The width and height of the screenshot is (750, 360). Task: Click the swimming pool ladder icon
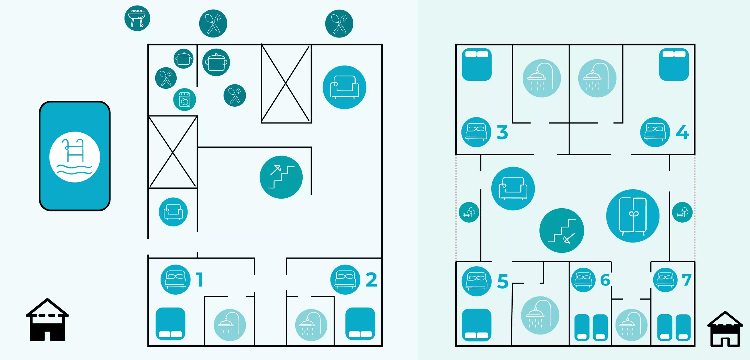tap(75, 157)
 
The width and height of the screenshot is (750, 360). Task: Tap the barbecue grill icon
tap(137, 18)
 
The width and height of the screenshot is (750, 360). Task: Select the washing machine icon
tap(185, 100)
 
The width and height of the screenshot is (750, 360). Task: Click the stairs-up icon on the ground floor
tap(281, 177)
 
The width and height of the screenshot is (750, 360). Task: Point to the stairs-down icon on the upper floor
tap(562, 231)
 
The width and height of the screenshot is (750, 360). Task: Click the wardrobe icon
tap(633, 216)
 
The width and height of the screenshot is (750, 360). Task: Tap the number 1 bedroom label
tap(200, 280)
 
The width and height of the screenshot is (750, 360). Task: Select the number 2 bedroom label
tap(371, 280)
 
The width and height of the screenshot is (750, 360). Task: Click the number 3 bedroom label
tap(502, 132)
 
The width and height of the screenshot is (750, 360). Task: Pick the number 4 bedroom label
tap(682, 132)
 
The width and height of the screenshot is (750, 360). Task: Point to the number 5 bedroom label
tap(503, 281)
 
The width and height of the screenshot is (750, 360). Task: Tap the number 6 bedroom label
tap(605, 280)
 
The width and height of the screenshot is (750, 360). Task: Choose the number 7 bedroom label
tap(687, 280)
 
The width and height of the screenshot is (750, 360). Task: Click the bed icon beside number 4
tap(655, 132)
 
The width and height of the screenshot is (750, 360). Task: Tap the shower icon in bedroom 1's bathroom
tap(230, 325)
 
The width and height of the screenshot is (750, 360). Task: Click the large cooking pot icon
tap(216, 62)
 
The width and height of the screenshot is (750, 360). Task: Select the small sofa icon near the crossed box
tap(173, 212)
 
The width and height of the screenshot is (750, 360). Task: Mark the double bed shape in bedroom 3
tap(477, 64)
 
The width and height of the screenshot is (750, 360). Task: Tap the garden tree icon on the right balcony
tap(682, 212)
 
